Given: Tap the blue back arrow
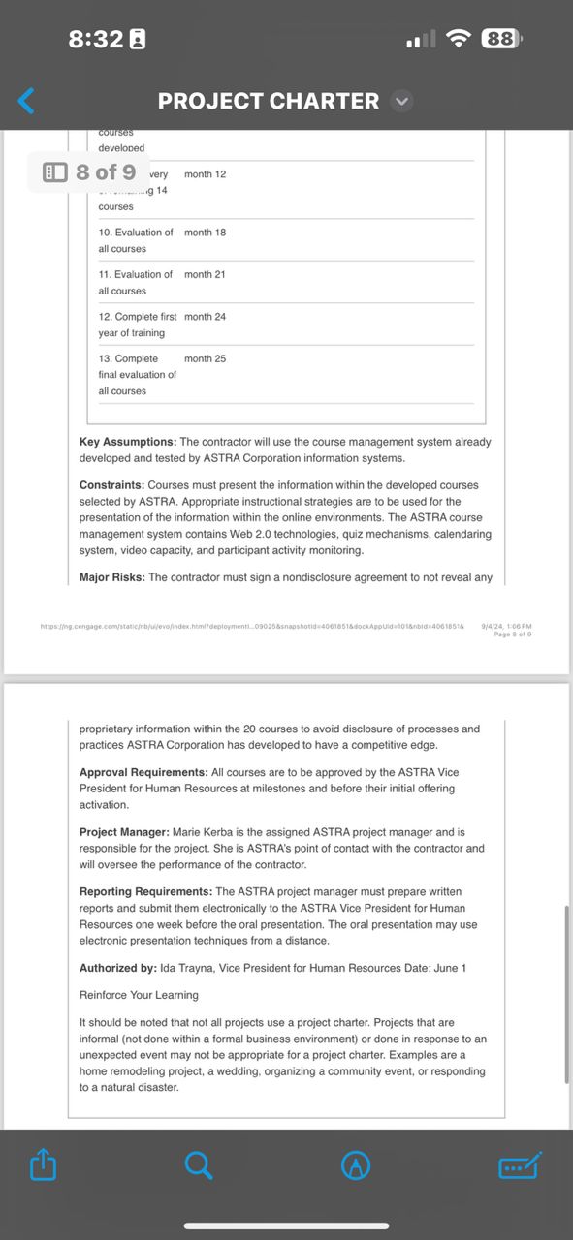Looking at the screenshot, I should [x=27, y=101].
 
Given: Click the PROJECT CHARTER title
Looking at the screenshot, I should [x=269, y=101].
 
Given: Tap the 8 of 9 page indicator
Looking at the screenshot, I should [x=90, y=172].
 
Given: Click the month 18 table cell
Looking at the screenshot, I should [x=205, y=232].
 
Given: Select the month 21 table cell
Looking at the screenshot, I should [x=205, y=274].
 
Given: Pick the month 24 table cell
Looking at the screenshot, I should [x=205, y=317].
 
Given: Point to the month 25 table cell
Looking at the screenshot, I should [x=205, y=358].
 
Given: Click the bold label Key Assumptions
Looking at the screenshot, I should [x=128, y=442].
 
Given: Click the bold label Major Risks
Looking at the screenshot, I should [x=111, y=577].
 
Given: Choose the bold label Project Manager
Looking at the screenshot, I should [x=124, y=832].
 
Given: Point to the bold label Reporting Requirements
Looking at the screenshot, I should [x=146, y=891].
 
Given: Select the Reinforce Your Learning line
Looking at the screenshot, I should [x=139, y=995].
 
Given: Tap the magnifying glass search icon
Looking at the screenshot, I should [x=199, y=1165].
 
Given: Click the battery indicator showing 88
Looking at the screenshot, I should [x=501, y=39].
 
